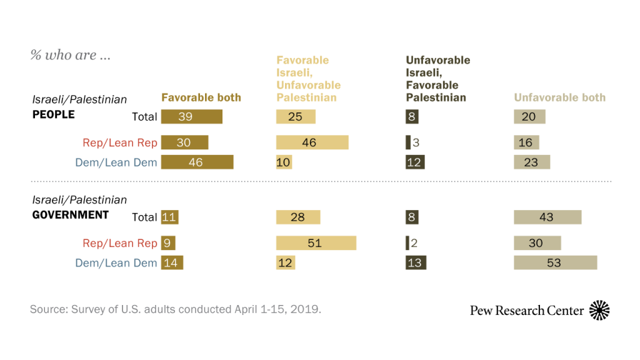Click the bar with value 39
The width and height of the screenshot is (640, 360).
click(x=191, y=117)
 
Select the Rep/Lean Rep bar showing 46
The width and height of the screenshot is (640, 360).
click(x=312, y=142)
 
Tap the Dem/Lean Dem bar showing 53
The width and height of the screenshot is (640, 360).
click(x=555, y=262)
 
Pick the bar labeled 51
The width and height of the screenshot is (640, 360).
click(x=316, y=242)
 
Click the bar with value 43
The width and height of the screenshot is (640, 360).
click(x=547, y=217)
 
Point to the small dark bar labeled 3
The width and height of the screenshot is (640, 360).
click(x=408, y=142)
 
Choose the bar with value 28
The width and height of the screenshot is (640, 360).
click(x=298, y=217)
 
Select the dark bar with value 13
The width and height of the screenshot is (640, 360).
click(x=415, y=262)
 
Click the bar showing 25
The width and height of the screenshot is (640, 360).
click(x=296, y=117)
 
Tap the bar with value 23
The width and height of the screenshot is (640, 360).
click(x=531, y=162)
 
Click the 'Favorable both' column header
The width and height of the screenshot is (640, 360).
click(x=201, y=97)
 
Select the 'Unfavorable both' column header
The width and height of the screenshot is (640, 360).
click(x=559, y=97)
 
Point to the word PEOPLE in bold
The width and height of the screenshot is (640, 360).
click(x=53, y=114)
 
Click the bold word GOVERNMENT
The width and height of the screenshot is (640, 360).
click(x=70, y=214)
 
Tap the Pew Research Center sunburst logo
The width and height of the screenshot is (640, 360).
click(x=599, y=310)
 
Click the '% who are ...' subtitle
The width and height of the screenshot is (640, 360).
click(x=71, y=55)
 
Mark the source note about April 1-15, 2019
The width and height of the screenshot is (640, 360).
click(x=175, y=309)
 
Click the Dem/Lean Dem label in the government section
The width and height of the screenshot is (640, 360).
click(x=116, y=263)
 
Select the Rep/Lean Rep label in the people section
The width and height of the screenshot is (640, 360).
click(x=120, y=142)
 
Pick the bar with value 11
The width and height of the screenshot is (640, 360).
click(x=169, y=217)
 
